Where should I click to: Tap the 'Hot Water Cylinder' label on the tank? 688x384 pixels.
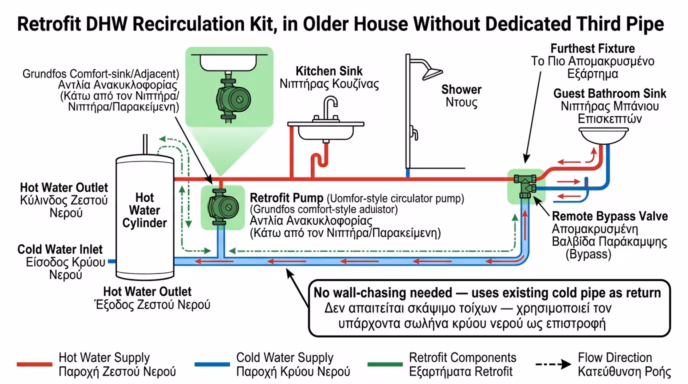coord(144,210)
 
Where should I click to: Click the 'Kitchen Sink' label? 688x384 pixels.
coord(329,71)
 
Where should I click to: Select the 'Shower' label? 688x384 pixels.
coord(461,89)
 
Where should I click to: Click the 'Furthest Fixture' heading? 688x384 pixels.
coord(592,49)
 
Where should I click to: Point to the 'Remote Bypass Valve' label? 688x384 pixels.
coord(609,216)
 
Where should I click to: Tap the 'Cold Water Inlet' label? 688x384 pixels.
coord(60,249)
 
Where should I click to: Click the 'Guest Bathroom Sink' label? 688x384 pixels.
coord(609,94)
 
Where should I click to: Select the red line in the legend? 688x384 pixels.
coord(34,364)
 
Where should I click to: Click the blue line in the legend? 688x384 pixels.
coord(212,364)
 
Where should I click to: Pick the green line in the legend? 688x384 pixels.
coord(385,364)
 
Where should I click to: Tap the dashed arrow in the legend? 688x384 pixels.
coord(552,364)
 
